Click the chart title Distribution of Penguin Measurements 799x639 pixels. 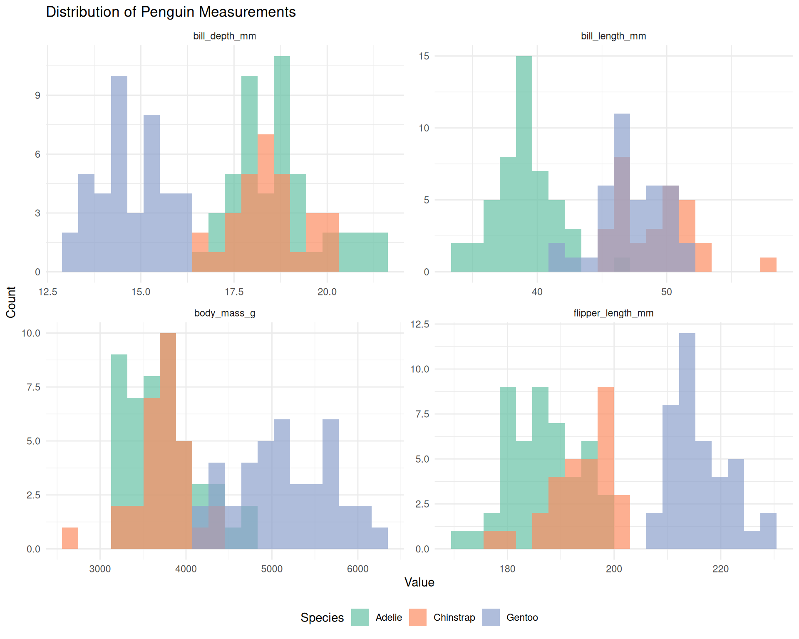171,12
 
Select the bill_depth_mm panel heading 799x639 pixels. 224,36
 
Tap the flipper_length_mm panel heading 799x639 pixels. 613,313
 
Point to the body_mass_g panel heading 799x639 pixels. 224,313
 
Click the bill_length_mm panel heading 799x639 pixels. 613,36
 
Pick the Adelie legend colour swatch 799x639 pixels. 360,617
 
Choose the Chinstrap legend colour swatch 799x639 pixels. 417,617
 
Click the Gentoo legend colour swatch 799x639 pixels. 491,617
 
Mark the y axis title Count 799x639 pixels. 11,302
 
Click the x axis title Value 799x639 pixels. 419,582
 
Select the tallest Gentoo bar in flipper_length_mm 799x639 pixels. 687,441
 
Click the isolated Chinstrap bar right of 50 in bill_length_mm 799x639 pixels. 768,265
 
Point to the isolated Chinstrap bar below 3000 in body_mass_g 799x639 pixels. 70,538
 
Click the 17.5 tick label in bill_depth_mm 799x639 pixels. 234,292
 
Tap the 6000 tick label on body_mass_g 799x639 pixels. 357,569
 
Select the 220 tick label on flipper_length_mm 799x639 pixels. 720,569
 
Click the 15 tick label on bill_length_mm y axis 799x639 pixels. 424,56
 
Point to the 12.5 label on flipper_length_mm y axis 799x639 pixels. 420,324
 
